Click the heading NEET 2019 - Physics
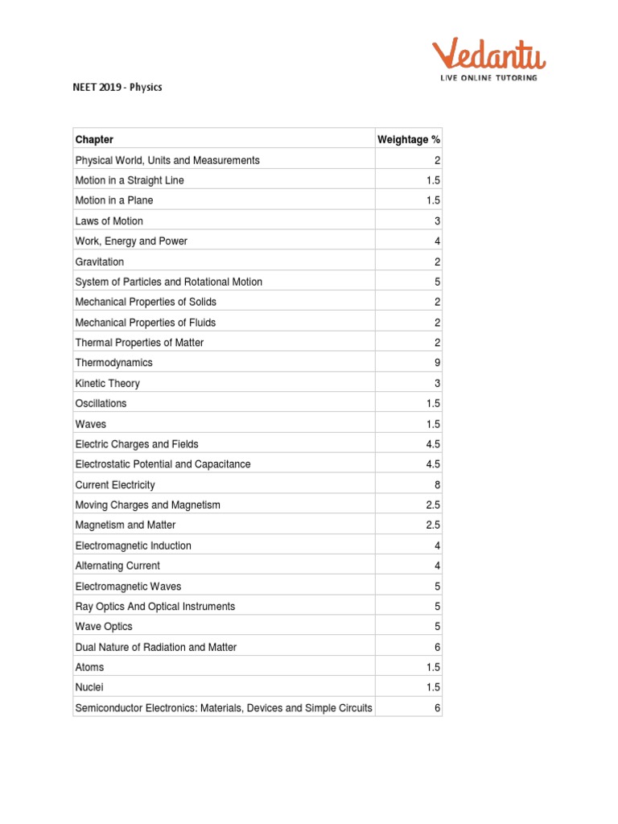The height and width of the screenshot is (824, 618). coord(118,87)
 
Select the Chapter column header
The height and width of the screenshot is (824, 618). coord(94,139)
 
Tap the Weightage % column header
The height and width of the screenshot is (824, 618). coord(409,139)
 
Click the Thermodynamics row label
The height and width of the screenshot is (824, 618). coord(113,363)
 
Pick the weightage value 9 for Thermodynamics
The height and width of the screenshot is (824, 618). coord(437,363)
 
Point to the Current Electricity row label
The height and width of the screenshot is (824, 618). coord(115,485)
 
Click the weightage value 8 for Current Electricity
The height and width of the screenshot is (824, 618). coord(437,485)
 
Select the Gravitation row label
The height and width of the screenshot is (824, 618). coord(99,262)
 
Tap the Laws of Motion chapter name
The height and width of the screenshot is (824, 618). coord(109,220)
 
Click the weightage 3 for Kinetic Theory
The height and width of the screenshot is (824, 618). coord(437,384)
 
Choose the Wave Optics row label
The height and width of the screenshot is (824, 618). coord(104,626)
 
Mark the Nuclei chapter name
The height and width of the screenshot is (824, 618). coord(89,687)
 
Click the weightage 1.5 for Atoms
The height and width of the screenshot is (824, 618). coord(434,667)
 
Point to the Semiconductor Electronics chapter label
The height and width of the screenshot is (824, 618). coord(224,708)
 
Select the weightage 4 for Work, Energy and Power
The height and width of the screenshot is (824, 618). coord(437,241)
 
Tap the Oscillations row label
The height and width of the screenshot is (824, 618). coord(101,403)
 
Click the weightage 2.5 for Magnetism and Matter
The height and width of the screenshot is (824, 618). coord(434,525)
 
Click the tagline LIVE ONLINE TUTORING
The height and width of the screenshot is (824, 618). coord(488,78)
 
